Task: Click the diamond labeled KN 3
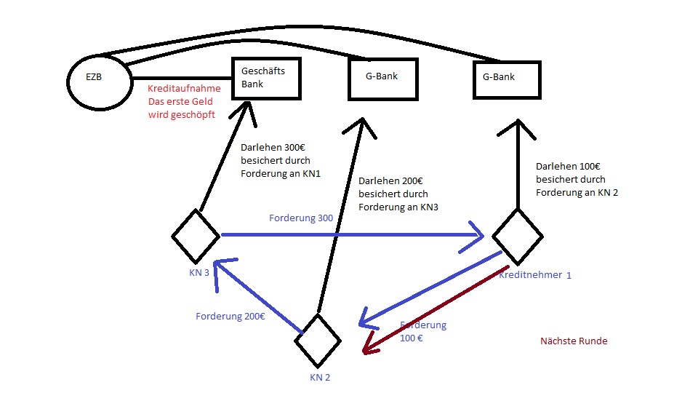click(x=196, y=236)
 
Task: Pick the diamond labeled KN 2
click(x=318, y=341)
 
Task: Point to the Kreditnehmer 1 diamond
click(x=517, y=237)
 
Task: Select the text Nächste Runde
click(x=574, y=341)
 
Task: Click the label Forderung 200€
click(x=230, y=317)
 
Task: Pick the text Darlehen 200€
click(x=390, y=180)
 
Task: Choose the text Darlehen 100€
click(x=569, y=166)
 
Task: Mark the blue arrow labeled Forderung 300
click(x=349, y=235)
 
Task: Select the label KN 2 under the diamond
click(x=320, y=377)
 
